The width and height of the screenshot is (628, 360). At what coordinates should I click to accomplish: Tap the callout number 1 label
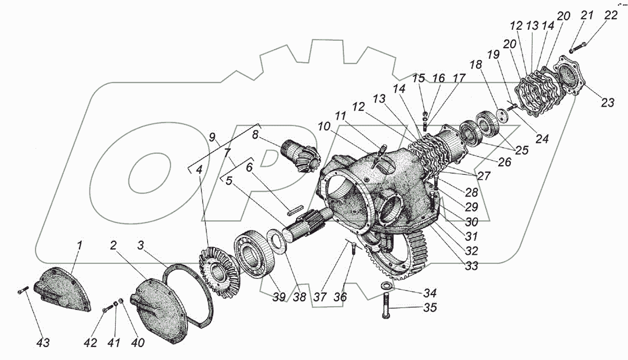tap(80, 244)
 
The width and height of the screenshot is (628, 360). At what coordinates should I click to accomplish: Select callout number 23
tap(607, 103)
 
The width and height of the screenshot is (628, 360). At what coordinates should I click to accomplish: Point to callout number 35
tap(429, 308)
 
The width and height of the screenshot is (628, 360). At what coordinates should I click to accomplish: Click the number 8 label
tap(255, 134)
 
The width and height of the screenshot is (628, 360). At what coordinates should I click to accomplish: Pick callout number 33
tap(471, 266)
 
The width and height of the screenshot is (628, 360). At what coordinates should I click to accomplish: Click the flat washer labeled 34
tap(387, 285)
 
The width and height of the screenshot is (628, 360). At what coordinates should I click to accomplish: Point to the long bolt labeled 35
tap(386, 306)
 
